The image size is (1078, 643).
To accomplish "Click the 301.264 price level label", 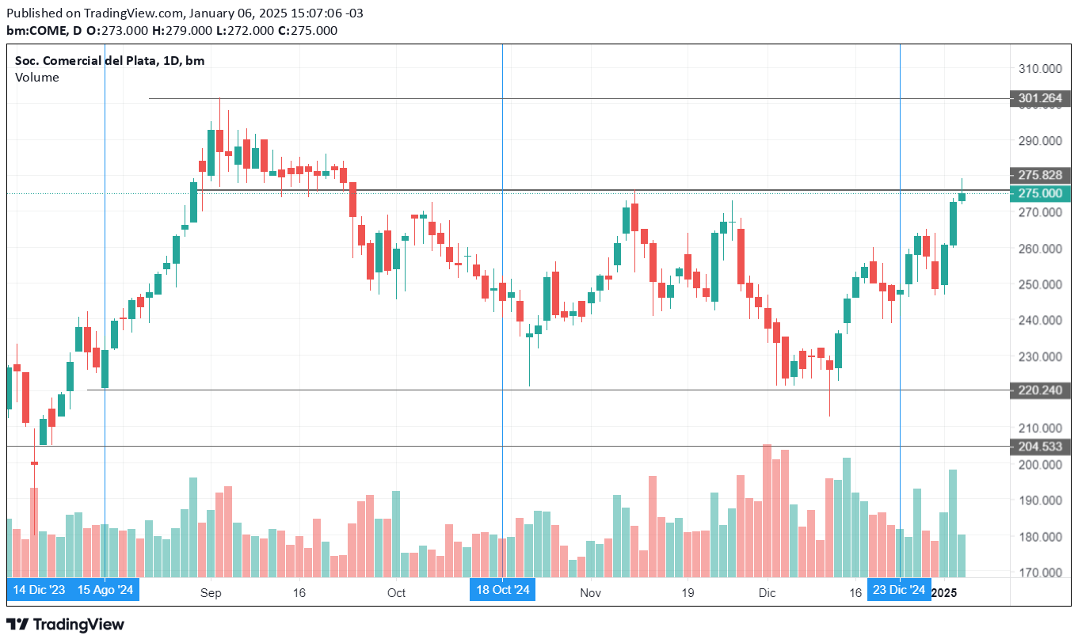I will click(x=1040, y=99).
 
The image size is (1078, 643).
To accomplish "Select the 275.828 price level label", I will click(x=1040, y=175).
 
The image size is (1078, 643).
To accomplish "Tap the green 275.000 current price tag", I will click(x=1040, y=193).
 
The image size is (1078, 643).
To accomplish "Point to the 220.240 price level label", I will click(x=1040, y=390).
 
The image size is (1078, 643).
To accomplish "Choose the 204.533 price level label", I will click(x=1040, y=447).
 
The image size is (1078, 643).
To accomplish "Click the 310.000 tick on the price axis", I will click(x=1040, y=69).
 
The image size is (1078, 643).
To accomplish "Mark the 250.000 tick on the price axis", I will click(x=1040, y=284).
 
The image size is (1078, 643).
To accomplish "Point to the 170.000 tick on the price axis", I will click(x=1040, y=573).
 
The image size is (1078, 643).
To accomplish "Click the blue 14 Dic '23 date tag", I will click(x=40, y=590).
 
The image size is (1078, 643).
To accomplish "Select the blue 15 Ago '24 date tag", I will click(x=105, y=590).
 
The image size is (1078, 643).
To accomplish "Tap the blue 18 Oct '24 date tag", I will click(x=502, y=590).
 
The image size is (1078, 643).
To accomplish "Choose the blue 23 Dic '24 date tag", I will click(x=899, y=590).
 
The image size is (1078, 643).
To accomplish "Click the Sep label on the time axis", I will click(x=210, y=592).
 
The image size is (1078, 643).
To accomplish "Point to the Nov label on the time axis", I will click(x=589, y=592).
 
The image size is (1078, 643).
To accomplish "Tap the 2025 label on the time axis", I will click(x=944, y=592).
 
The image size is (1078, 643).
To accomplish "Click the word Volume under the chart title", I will click(x=36, y=78).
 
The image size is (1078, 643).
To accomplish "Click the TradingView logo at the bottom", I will click(x=66, y=625).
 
